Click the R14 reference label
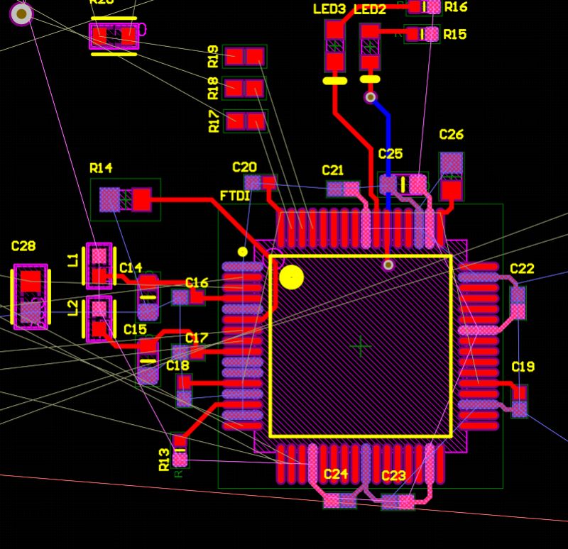click(101, 168)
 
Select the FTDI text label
click(235, 195)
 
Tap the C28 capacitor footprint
click(31, 296)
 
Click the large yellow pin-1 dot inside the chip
click(291, 277)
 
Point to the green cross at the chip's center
click(361, 346)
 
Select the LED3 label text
click(329, 9)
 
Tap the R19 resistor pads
click(244, 56)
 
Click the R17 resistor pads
click(245, 121)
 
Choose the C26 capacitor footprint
click(452, 176)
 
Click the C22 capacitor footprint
click(518, 302)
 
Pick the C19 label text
click(523, 367)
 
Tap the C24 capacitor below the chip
click(339, 501)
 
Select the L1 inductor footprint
click(99, 265)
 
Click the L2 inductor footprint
click(99, 318)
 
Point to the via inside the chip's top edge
click(388, 265)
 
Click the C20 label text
click(244, 167)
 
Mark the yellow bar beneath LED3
click(334, 81)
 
